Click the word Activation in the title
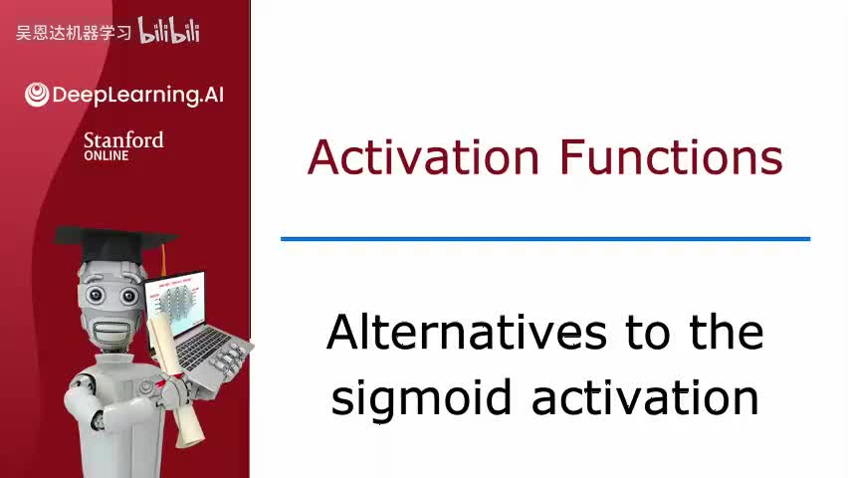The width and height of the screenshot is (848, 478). (423, 157)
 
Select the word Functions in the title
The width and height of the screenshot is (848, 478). (670, 157)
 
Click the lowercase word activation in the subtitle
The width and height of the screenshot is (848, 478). (645, 395)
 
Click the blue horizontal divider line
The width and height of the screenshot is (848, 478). (544, 239)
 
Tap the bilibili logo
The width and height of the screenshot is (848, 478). (169, 31)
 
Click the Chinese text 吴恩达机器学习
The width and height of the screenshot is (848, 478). (74, 33)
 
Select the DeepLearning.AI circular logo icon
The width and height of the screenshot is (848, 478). (37, 95)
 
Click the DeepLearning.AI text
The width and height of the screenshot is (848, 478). (137, 96)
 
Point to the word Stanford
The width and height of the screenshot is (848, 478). (123, 139)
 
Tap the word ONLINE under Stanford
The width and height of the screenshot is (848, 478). (106, 155)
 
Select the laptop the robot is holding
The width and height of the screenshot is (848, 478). (189, 319)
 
